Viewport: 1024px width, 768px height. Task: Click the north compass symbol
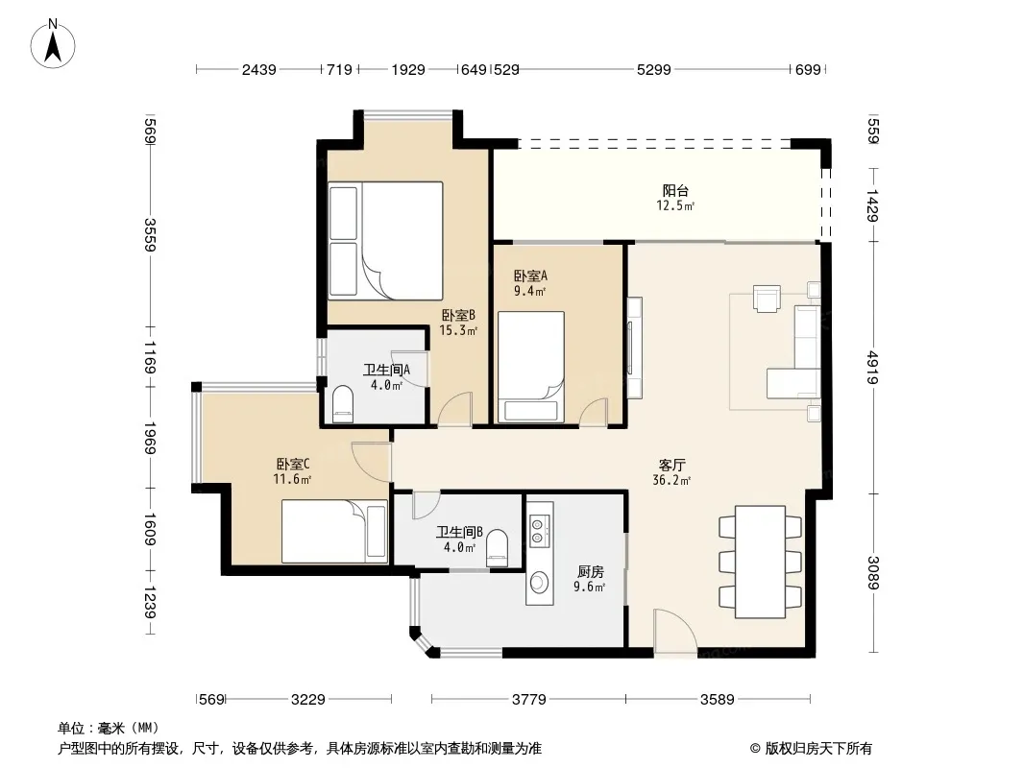pyautogui.click(x=53, y=44)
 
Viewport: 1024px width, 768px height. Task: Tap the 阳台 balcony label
pyautogui.click(x=675, y=190)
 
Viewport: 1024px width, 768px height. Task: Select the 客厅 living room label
pyautogui.click(x=671, y=466)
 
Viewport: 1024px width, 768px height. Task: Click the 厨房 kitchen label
pyautogui.click(x=590, y=571)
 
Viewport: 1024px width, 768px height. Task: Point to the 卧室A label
pyautogui.click(x=530, y=276)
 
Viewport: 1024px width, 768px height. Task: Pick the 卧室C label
pyautogui.click(x=293, y=464)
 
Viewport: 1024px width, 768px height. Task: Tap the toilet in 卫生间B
pyautogui.click(x=497, y=548)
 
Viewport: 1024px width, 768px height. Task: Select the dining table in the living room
pyautogui.click(x=760, y=562)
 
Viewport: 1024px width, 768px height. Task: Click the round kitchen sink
pyautogui.click(x=539, y=582)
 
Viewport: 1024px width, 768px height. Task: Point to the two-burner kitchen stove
pyautogui.click(x=538, y=530)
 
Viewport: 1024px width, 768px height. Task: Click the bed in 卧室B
pyautogui.click(x=385, y=241)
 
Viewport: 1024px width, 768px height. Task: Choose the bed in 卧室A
pyautogui.click(x=531, y=367)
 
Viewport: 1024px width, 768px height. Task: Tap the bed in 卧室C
pyautogui.click(x=334, y=531)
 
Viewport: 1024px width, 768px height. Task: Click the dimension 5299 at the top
pyautogui.click(x=654, y=69)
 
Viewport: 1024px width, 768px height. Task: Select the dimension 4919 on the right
pyautogui.click(x=873, y=368)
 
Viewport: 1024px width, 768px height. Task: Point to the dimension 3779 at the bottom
pyautogui.click(x=528, y=700)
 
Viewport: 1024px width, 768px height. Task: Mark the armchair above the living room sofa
pyautogui.click(x=767, y=299)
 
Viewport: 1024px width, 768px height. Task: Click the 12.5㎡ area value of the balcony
pyautogui.click(x=675, y=206)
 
